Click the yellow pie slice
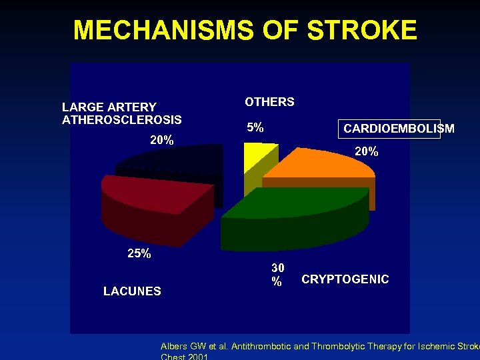tap(253, 157)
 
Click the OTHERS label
tap(269, 102)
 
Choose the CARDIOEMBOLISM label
tap(399, 129)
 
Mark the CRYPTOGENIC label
tap(345, 279)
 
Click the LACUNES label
tap(132, 291)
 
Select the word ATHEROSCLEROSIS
tap(121, 120)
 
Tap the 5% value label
tap(255, 127)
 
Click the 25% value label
tap(139, 253)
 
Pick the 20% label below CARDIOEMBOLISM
tap(366, 151)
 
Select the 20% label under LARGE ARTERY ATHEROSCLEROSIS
tap(161, 140)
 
